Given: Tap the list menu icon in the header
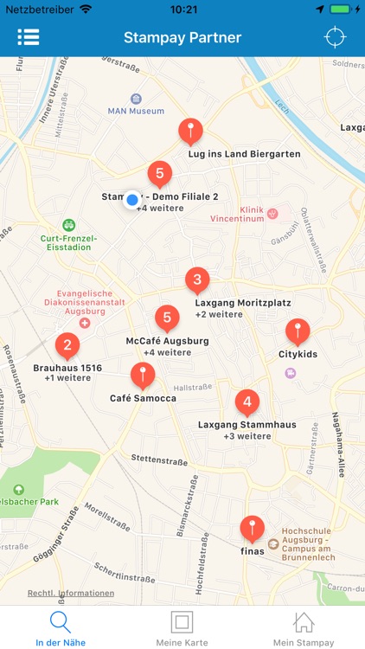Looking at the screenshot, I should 29,37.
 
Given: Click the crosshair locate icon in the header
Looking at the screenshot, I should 334,37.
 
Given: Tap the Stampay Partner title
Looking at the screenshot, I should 182,37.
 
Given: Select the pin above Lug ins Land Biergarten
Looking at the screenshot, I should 190,132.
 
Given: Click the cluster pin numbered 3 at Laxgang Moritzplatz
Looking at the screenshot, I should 197,280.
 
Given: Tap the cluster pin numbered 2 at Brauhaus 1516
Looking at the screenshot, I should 67,346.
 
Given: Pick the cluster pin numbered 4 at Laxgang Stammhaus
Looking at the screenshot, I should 247,402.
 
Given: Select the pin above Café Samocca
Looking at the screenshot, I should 143,376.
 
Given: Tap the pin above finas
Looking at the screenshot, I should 252,528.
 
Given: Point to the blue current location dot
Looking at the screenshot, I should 131,201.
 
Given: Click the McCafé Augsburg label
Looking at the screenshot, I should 167,341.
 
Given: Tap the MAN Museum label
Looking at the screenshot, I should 136,111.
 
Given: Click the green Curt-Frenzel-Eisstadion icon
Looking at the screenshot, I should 69,224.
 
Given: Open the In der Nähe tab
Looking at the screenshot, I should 60,629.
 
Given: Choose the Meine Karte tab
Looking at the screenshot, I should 182,629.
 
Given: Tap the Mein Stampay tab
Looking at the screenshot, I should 303,629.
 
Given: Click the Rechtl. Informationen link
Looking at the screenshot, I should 71,594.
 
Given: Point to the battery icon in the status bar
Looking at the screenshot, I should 343,9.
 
